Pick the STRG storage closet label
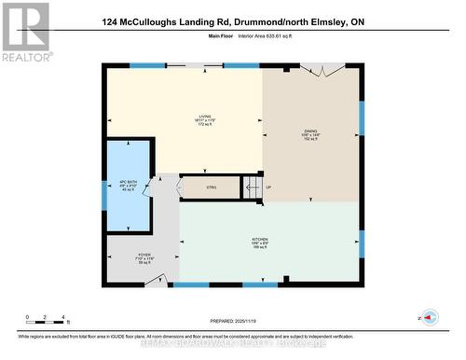[211, 187]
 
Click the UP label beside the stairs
[269, 187]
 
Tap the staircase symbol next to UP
[251, 187]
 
